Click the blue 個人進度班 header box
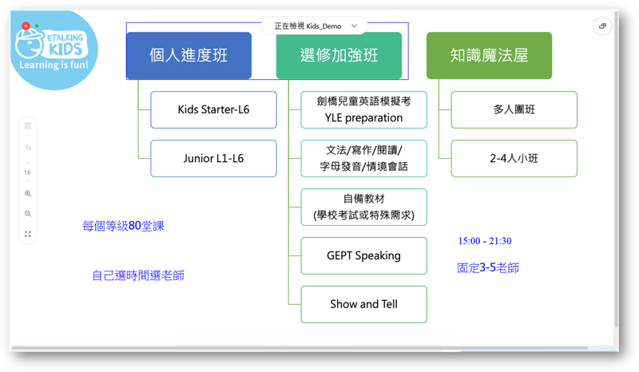click(x=189, y=56)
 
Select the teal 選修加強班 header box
click(x=339, y=56)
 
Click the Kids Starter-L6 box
click(x=213, y=110)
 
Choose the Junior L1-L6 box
click(x=213, y=159)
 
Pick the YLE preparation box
click(x=363, y=110)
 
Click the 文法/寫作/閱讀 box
click(x=363, y=159)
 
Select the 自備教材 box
click(x=363, y=208)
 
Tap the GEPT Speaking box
click(x=363, y=256)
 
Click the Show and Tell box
click(x=363, y=304)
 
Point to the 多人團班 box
click(x=514, y=110)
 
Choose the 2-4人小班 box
click(x=514, y=159)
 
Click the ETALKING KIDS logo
click(x=53, y=47)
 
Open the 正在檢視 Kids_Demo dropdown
click(x=313, y=26)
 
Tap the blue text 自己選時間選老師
click(x=144, y=276)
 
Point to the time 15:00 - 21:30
click(x=485, y=240)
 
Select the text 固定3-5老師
click(x=487, y=268)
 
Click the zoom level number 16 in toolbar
click(x=28, y=172)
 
